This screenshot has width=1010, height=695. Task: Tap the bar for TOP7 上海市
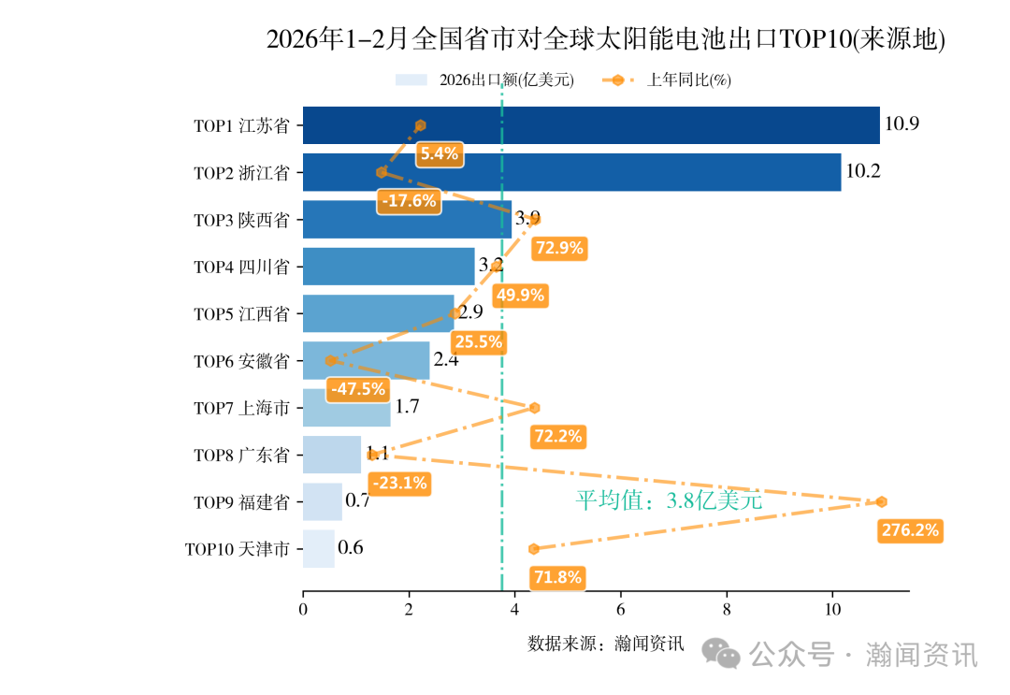coord(346,407)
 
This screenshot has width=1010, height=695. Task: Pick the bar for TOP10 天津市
coord(318,548)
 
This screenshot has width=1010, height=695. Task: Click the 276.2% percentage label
coord(910,530)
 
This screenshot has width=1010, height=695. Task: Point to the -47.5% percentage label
coord(357,389)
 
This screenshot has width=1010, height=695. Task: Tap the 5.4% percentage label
coord(439,154)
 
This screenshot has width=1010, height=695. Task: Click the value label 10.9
coord(902,124)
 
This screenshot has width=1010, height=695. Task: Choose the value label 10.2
coord(862,171)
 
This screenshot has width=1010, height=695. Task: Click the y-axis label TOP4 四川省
coord(241,267)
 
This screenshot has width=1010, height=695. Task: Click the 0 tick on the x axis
coord(303,610)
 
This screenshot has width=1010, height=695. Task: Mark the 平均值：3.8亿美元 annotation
coord(669,500)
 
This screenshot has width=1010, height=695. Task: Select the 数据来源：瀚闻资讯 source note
coord(605,644)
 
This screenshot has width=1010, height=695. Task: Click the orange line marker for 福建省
coord(881,502)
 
